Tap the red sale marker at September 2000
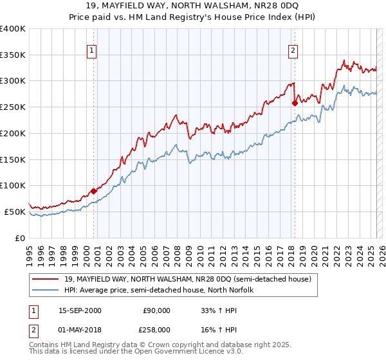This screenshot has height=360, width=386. tap(93, 190)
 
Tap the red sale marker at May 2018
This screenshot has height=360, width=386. tap(295, 102)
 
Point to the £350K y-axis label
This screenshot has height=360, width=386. tap(13, 55)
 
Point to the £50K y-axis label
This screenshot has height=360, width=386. tap(15, 212)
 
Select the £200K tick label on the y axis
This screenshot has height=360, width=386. tap(13, 134)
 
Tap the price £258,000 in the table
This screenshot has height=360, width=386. tap(157, 329)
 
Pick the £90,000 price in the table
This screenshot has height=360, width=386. tap(157, 310)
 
